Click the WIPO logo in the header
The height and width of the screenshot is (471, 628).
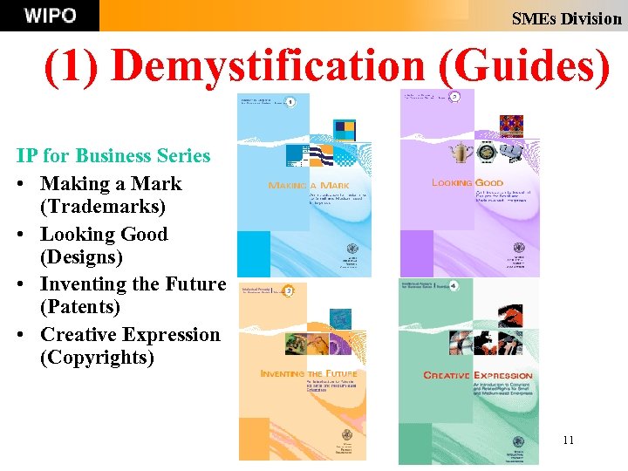50,16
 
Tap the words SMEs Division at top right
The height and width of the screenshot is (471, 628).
566,18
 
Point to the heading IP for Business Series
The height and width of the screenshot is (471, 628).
113,156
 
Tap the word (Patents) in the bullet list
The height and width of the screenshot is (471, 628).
80,307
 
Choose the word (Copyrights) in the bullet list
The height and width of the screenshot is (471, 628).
97,358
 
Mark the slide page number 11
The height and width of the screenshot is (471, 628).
568,440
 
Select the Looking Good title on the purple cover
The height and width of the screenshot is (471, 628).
467,183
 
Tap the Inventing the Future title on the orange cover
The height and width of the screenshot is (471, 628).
309,374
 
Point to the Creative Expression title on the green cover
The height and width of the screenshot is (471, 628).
477,375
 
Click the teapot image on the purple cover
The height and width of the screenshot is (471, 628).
454,153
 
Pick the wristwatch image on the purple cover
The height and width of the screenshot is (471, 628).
486,153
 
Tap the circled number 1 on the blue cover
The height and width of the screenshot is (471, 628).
289,102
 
